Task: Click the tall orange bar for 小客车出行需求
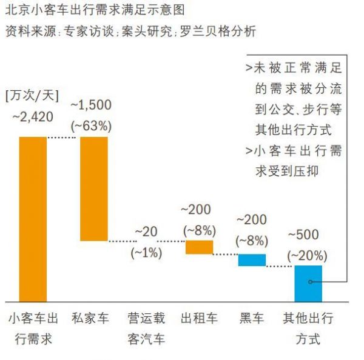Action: [33, 219]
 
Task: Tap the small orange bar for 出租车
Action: [199, 247]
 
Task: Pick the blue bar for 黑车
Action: [252, 260]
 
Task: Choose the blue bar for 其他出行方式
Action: [308, 284]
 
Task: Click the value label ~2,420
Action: [33, 116]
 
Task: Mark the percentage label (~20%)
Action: [308, 255]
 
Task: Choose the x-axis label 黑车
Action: [252, 318]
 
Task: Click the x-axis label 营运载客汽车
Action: [146, 328]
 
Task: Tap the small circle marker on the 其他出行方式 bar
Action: [310, 282]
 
